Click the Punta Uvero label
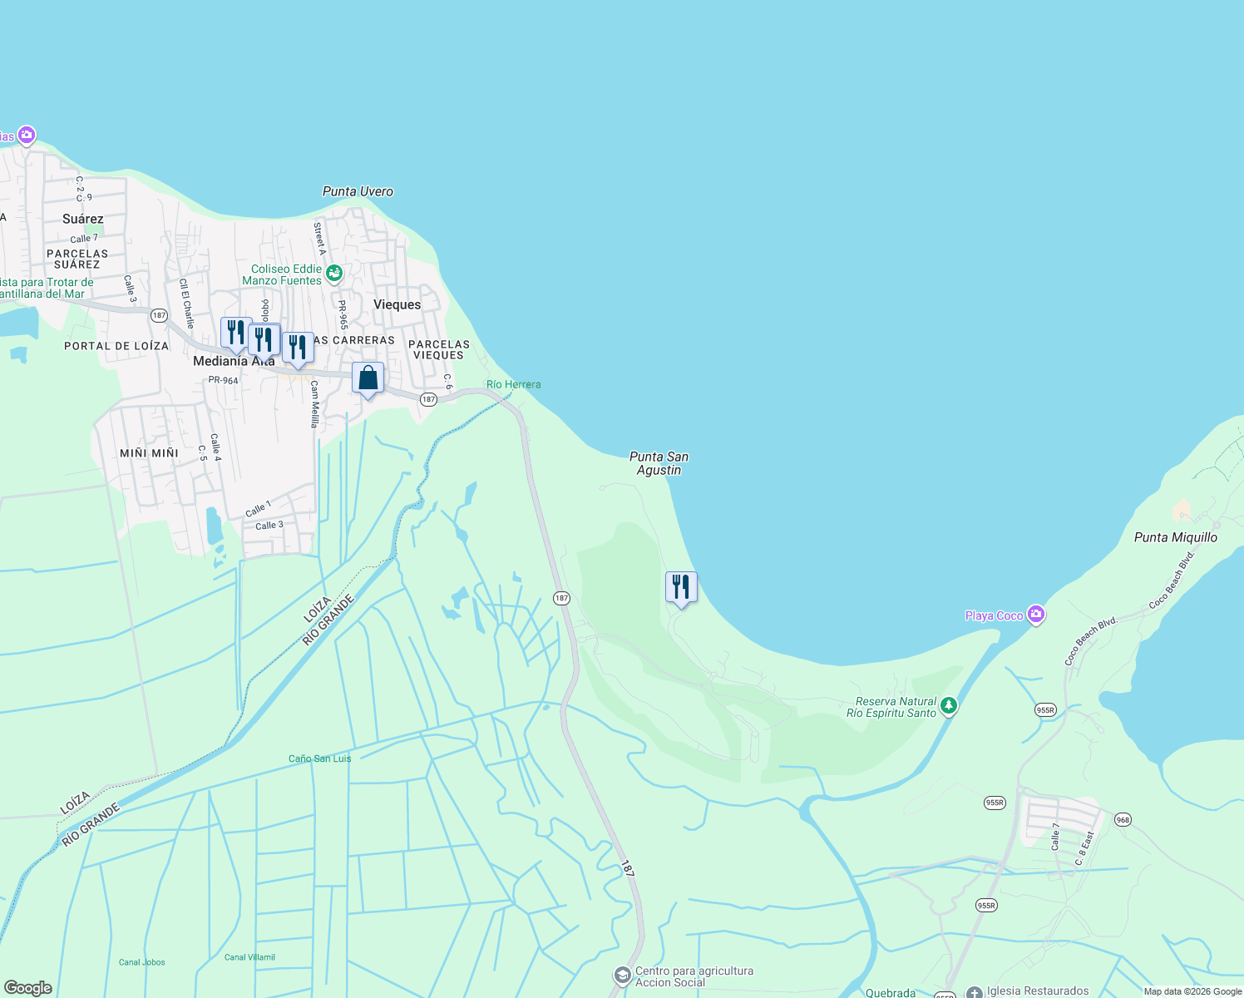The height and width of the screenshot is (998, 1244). pos(358,191)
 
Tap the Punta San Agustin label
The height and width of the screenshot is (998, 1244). pos(659,463)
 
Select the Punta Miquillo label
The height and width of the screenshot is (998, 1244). pos(1175,537)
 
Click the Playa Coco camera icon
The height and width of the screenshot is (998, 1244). pos(1035,615)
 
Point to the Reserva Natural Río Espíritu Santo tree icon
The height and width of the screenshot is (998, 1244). pos(949,706)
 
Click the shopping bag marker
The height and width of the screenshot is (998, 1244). pos(368,379)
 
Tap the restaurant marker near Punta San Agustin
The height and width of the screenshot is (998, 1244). pos(681,587)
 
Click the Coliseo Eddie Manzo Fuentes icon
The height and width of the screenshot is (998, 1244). pos(334,273)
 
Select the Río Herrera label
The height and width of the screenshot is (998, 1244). pos(513,384)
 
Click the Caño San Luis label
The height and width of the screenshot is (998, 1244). pos(319,758)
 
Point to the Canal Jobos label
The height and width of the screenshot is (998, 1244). pos(141,962)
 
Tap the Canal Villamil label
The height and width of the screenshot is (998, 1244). pos(249,957)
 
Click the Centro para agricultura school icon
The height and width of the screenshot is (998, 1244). pos(622,975)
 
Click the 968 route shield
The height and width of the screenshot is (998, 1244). pos(1123,819)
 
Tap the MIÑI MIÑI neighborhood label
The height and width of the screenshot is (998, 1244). pos(149,453)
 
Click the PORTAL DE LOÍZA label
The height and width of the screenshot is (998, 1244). pos(116,346)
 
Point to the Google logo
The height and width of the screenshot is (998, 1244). pos(28,988)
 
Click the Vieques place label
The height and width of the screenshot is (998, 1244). pos(397,304)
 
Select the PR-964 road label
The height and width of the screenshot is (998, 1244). pos(223,380)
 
